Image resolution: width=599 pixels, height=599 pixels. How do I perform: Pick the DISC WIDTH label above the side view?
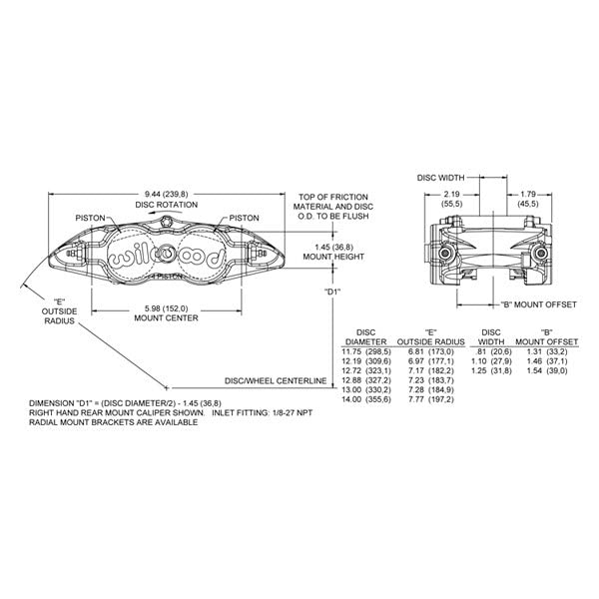point(440,178)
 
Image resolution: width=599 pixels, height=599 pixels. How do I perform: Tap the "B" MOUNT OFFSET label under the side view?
point(539,304)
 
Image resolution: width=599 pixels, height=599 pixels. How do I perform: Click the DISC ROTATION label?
point(167,205)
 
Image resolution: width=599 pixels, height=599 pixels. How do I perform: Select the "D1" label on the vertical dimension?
point(332,292)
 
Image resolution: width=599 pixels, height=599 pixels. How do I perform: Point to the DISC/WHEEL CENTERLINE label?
point(276,381)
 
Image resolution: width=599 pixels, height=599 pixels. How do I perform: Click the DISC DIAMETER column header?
point(366,337)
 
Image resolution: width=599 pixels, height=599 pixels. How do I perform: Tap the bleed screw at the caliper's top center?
point(166,222)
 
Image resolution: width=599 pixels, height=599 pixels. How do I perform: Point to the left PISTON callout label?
point(90,218)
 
